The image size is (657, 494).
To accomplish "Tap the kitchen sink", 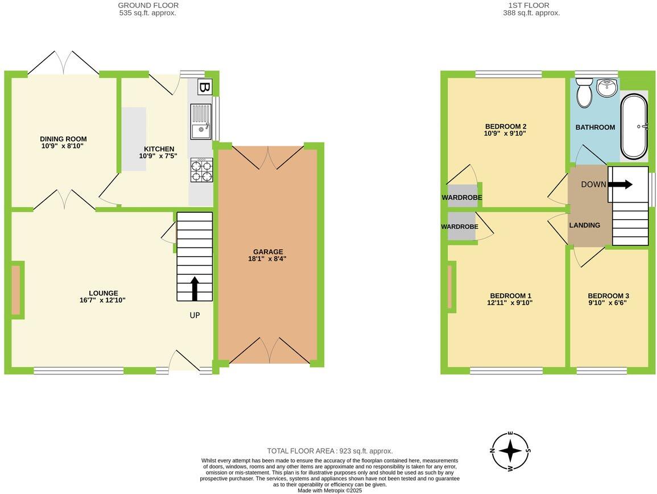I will click(x=200, y=122).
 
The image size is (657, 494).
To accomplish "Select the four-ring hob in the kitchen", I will click(x=201, y=170).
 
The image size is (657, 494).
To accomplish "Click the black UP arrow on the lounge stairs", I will click(x=195, y=289).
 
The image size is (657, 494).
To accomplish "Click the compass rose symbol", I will click(x=510, y=451).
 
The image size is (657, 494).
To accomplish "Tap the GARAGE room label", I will click(x=268, y=252).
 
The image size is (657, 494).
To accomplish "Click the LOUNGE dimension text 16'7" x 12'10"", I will click(x=102, y=300).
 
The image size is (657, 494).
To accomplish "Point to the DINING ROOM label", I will click(x=63, y=139).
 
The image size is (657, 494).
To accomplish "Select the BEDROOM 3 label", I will click(x=608, y=296).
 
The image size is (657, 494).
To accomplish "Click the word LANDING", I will click(x=585, y=225).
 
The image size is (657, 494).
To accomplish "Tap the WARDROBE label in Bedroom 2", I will click(x=462, y=197).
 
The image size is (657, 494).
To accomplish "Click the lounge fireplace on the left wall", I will click(x=16, y=290).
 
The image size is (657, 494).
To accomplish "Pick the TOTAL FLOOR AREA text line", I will click(x=330, y=451).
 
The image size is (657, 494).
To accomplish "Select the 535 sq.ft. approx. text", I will click(x=148, y=13).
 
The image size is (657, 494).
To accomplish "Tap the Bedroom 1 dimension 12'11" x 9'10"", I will click(x=510, y=303).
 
